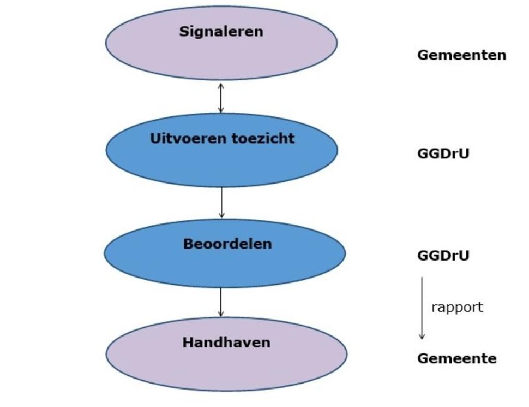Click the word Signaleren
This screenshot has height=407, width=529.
[221, 32]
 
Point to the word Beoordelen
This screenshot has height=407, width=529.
[227, 244]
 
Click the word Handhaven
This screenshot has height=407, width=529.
[226, 343]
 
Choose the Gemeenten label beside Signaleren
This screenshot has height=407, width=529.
[461, 55]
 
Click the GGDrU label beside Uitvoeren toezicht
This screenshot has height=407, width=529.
[443, 154]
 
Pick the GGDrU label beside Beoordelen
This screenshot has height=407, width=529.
[443, 256]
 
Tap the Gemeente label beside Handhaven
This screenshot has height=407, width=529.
[457, 359]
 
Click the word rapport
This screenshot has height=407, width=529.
[457, 307]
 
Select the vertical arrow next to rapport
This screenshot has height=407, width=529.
[422, 308]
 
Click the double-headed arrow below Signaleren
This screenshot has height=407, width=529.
[221, 98]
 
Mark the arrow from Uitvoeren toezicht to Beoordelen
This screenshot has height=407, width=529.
[221, 203]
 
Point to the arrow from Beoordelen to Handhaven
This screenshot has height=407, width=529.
[221, 302]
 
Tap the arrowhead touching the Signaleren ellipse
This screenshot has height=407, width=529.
[221, 86]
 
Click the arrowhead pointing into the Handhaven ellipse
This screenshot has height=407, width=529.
[221, 314]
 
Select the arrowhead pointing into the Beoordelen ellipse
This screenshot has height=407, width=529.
[221, 215]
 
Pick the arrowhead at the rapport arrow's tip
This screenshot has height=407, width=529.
[422, 337]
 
